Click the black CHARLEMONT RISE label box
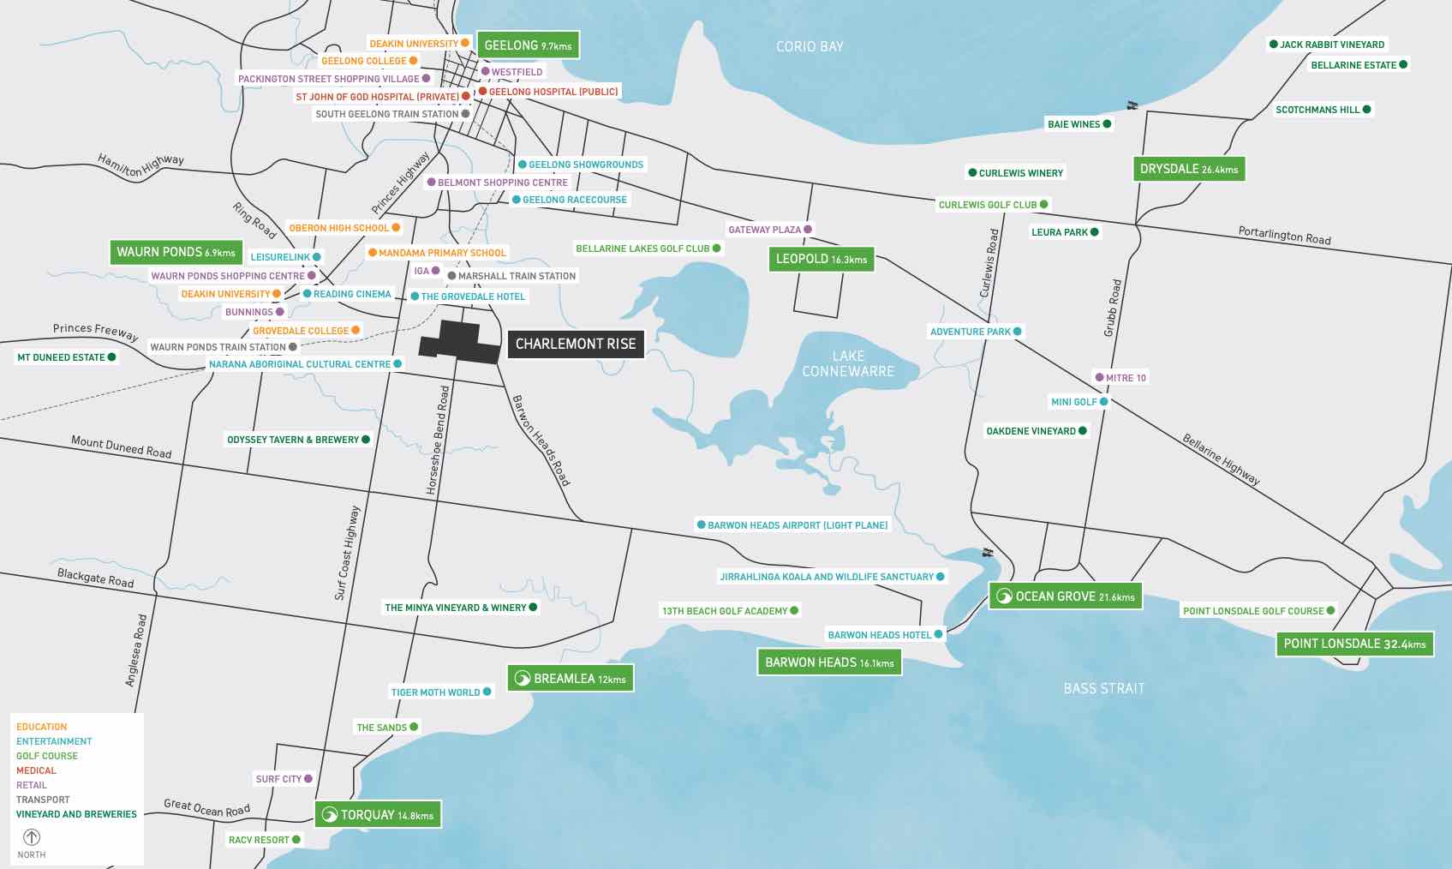[x=575, y=344]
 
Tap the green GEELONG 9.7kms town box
[x=528, y=45]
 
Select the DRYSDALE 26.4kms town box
[x=1188, y=169]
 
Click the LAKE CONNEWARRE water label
[x=847, y=363]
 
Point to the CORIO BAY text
[x=810, y=46]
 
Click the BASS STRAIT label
[x=1103, y=688]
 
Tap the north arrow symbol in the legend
[x=32, y=837]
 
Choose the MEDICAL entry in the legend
[x=36, y=770]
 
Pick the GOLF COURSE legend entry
[x=47, y=756]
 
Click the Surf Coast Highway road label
[x=347, y=553]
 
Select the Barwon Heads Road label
[x=541, y=440]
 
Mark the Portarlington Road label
[x=1284, y=235]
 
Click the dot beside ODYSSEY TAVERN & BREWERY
[x=366, y=440]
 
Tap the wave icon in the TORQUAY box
[x=330, y=815]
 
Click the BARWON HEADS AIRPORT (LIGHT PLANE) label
[x=797, y=524]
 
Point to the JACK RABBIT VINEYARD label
[x=1331, y=45]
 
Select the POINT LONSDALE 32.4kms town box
[x=1354, y=644]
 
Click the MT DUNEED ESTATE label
[x=61, y=357]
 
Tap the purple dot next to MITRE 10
[x=1099, y=378]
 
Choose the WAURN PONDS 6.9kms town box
[x=176, y=252]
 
